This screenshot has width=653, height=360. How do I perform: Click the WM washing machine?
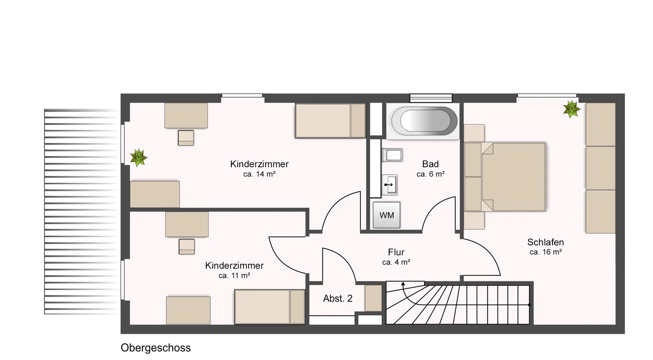click(386, 215)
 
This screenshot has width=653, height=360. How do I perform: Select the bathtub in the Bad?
click(423, 121)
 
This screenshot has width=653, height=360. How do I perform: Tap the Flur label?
click(396, 252)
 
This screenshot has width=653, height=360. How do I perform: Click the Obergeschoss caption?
click(156, 348)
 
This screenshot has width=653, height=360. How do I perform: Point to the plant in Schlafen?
click(571, 109)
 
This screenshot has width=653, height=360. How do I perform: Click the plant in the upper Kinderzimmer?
click(138, 158)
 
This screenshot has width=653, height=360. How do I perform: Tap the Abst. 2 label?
click(338, 298)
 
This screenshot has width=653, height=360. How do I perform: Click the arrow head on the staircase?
click(403, 284)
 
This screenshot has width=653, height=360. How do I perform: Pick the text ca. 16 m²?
click(546, 252)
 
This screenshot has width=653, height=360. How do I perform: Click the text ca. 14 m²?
click(259, 174)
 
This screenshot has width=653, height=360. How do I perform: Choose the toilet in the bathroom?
click(392, 155)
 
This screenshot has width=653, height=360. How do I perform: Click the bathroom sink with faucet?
click(389, 185)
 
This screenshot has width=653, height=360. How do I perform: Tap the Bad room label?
click(431, 164)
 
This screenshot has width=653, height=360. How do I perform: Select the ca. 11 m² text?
click(234, 276)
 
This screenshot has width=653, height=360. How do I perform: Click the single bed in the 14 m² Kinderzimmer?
click(330, 121)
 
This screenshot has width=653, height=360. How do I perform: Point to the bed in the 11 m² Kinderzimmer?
click(270, 307)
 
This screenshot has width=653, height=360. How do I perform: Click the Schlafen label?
click(546, 242)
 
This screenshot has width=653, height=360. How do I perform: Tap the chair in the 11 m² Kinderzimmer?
click(187, 246)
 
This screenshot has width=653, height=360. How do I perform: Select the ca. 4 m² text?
click(396, 262)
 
